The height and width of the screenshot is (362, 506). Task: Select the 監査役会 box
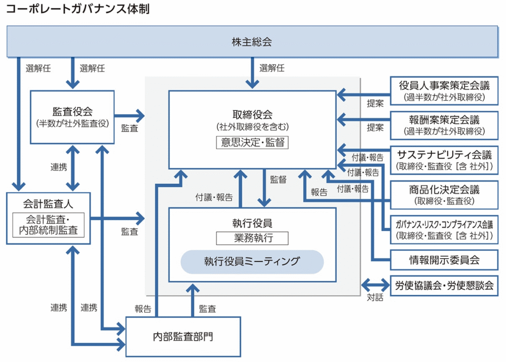click(x=72, y=117)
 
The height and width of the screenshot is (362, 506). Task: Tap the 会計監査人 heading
click(x=48, y=202)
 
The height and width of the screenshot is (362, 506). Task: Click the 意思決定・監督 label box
click(x=252, y=142)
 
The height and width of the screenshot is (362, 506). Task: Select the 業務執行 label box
click(x=252, y=238)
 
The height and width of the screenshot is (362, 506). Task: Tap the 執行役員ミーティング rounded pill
click(x=252, y=262)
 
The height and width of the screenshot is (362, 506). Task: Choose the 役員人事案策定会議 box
click(x=444, y=91)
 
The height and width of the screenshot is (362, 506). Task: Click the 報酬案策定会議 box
click(x=444, y=126)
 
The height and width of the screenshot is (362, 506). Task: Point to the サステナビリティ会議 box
click(x=444, y=160)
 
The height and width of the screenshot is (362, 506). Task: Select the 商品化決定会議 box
click(x=444, y=195)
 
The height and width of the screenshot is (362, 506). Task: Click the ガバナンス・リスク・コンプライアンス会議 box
click(x=444, y=230)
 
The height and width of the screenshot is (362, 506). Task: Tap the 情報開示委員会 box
click(x=444, y=259)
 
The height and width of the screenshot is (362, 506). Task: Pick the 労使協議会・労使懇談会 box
click(x=444, y=286)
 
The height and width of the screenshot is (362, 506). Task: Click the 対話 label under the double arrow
click(x=375, y=298)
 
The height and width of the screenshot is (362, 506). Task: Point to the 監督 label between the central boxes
click(x=278, y=180)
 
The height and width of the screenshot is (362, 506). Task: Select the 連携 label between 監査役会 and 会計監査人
click(x=59, y=167)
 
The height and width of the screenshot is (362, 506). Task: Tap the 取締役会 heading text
click(x=252, y=114)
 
